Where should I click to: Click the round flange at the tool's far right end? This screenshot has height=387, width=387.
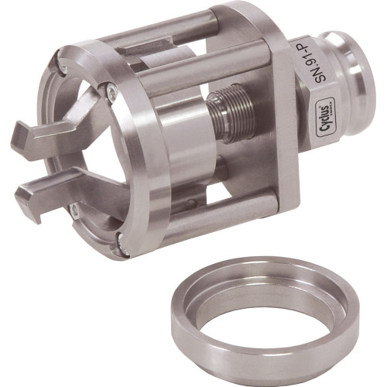coord(358,85)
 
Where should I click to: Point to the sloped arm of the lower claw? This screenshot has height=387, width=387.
coord(93,186)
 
